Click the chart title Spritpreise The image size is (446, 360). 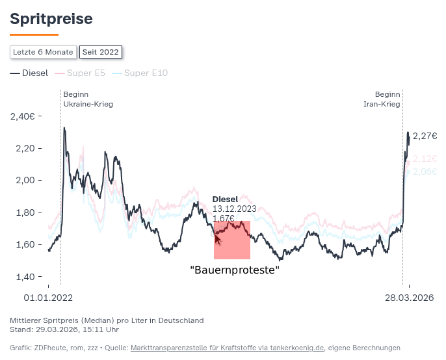pyautogui.click(x=51, y=19)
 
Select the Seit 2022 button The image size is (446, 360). pyautogui.click(x=100, y=52)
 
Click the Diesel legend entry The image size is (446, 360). pyautogui.click(x=29, y=73)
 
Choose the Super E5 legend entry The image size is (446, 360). pyautogui.click(x=80, y=73)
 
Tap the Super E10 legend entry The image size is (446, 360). pyautogui.click(x=140, y=73)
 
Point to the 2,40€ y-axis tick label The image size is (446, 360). pyautogui.click(x=23, y=116)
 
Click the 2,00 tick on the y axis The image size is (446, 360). pyautogui.click(x=25, y=180)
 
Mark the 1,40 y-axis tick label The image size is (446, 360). pyautogui.click(x=25, y=277)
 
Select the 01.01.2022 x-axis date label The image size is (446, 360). pyautogui.click(x=48, y=298)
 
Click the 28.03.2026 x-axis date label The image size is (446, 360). pyautogui.click(x=410, y=298)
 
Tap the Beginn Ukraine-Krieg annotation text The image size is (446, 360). pyautogui.click(x=88, y=99)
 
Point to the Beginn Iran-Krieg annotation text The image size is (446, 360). pyautogui.click(x=382, y=99)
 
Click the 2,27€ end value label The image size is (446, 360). pyautogui.click(x=425, y=136)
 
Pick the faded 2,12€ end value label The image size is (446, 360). pyautogui.click(x=425, y=159)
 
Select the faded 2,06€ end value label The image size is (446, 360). pyautogui.click(x=425, y=172)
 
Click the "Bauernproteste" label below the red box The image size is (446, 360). pyautogui.click(x=235, y=270)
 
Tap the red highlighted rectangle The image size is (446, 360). pyautogui.click(x=232, y=240)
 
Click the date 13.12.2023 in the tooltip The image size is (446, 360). pyautogui.click(x=234, y=209)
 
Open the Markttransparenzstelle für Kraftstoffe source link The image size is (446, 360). pyautogui.click(x=227, y=348)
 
